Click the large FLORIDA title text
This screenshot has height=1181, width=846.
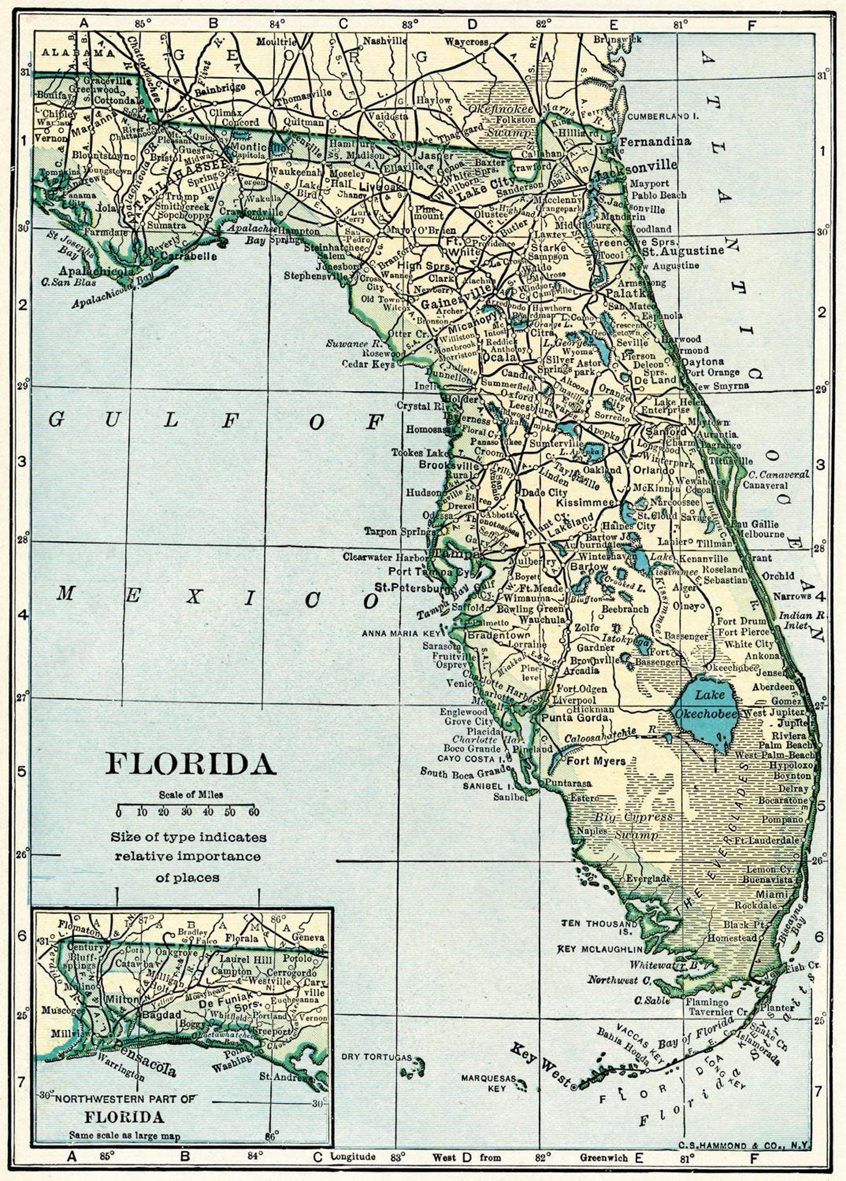pyautogui.click(x=191, y=764)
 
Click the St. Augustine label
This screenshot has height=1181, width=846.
pyautogui.click(x=684, y=251)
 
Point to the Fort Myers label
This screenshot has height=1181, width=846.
pyautogui.click(x=596, y=761)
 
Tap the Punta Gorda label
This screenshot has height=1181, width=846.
pyautogui.click(x=574, y=718)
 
